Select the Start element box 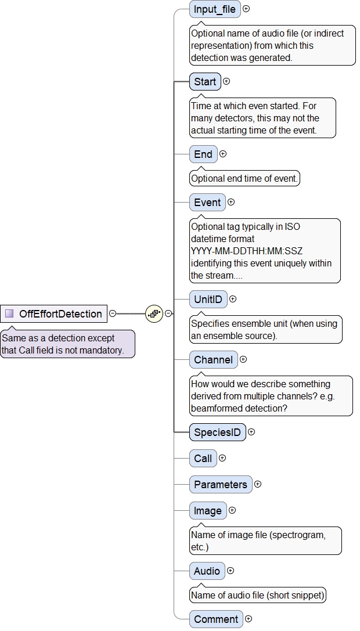click(205, 82)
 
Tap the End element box click(203, 154)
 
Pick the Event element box click(207, 202)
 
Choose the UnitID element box click(208, 299)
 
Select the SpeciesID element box click(217, 432)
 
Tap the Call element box click(203, 459)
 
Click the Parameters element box click(221, 484)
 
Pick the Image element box click(208, 511)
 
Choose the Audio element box click(207, 571)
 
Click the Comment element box click(216, 619)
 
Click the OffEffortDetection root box click(54, 314)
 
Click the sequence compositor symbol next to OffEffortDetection click(154, 313)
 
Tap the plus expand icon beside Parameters click(258, 484)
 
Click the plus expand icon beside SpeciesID click(251, 432)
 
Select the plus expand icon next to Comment click(249, 619)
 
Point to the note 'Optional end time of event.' click(244, 179)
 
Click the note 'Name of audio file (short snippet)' click(258, 595)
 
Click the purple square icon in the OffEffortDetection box click(9, 314)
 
